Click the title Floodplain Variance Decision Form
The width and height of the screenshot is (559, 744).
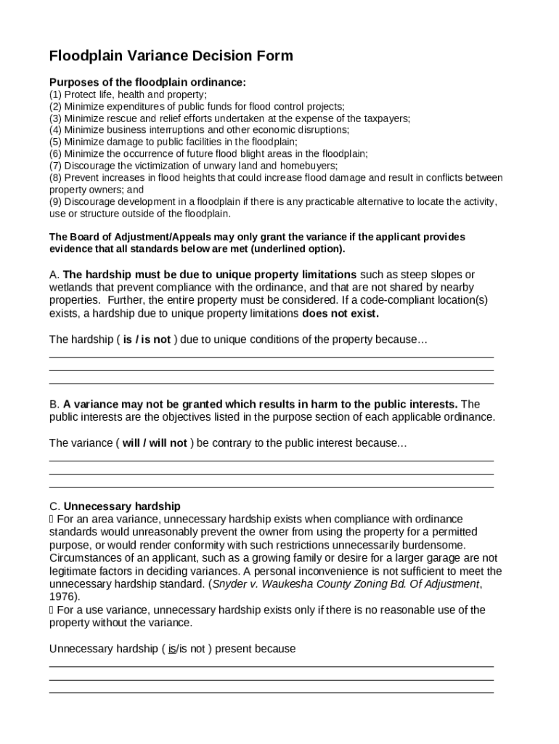click(x=171, y=56)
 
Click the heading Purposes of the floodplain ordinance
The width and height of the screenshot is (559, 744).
click(x=147, y=82)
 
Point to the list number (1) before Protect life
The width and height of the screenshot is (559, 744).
click(x=55, y=94)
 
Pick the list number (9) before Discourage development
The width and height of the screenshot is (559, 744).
click(x=55, y=201)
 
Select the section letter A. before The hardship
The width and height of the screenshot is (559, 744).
click(x=54, y=275)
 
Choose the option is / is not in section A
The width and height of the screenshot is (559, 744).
click(x=147, y=339)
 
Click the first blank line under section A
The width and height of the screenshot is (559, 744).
click(x=271, y=357)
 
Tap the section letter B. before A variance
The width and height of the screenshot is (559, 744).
click(x=54, y=404)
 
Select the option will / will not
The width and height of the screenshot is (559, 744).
click(x=155, y=443)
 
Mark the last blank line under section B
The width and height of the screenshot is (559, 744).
click(x=271, y=487)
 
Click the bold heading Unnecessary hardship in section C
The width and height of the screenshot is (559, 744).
click(x=122, y=506)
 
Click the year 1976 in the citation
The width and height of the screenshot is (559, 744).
click(x=62, y=597)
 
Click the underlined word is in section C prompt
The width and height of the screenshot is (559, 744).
click(x=172, y=649)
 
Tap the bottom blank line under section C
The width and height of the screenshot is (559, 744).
click(x=271, y=693)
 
